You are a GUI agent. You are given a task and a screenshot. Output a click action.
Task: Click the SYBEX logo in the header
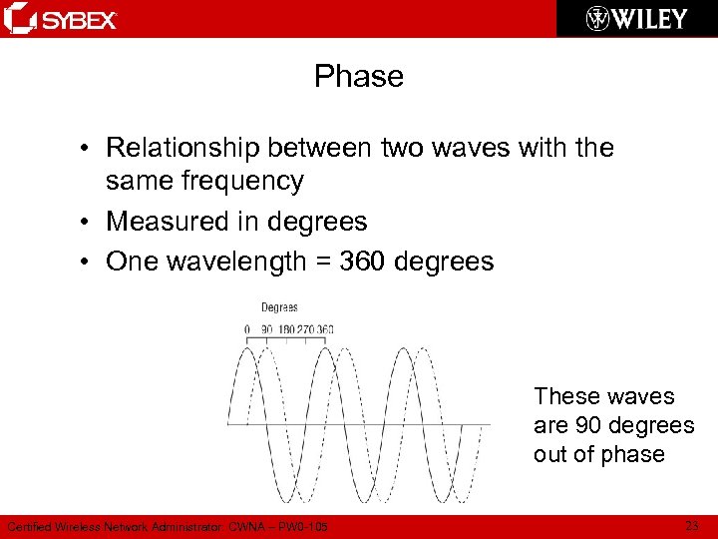pyautogui.click(x=62, y=19)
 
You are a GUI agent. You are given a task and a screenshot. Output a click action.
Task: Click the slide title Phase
pyautogui.click(x=359, y=76)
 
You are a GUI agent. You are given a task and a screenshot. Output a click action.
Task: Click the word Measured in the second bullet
pyautogui.click(x=158, y=221)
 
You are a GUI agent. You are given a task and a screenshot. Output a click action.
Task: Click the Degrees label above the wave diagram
pyautogui.click(x=279, y=307)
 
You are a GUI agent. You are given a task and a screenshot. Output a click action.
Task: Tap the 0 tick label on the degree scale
pyautogui.click(x=247, y=329)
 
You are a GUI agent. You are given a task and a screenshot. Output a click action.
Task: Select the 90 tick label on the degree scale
pyautogui.click(x=266, y=329)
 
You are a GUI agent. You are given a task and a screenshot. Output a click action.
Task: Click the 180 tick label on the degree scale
pyautogui.click(x=286, y=329)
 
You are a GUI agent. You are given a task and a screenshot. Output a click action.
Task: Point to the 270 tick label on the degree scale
pyautogui.click(x=306, y=329)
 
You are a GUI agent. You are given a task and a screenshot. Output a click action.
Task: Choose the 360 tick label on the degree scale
pyautogui.click(x=325, y=329)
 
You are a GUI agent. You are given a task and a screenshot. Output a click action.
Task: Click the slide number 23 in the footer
pyautogui.click(x=692, y=525)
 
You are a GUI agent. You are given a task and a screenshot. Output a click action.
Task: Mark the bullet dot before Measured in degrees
pyautogui.click(x=88, y=222)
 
